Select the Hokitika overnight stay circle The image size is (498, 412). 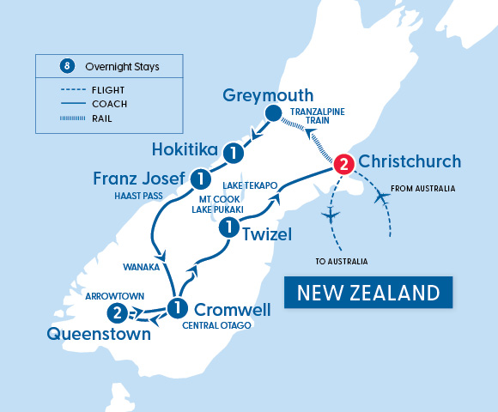[231, 153]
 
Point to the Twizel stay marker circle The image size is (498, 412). [229, 227]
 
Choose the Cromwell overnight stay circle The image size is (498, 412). [178, 307]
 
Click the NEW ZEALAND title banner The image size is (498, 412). [369, 293]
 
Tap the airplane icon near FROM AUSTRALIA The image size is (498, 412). [382, 198]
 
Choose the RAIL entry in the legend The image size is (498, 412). [100, 118]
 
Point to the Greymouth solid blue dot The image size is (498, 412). [273, 114]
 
